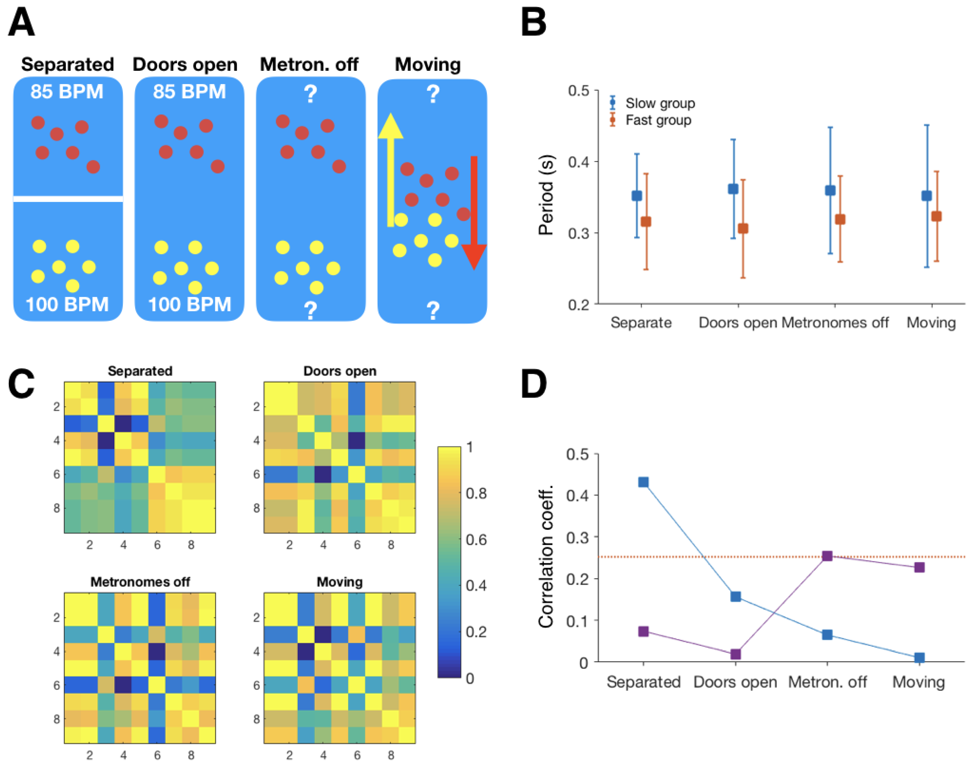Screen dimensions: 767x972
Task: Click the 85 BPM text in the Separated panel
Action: (67, 92)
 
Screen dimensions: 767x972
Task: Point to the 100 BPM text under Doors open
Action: (189, 305)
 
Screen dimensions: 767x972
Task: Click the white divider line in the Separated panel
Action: (68, 199)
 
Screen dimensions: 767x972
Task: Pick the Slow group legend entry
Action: (659, 103)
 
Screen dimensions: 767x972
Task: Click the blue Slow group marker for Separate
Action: (636, 196)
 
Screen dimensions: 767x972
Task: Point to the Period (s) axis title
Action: (546, 195)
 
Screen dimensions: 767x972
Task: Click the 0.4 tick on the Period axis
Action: (578, 162)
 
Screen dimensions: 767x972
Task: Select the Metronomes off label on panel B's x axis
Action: (835, 322)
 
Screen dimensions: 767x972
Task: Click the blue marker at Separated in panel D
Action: (643, 482)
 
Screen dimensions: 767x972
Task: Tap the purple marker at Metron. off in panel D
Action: (827, 556)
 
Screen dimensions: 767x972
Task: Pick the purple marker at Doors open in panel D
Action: (735, 654)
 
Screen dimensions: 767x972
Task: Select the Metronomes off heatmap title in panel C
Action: (140, 582)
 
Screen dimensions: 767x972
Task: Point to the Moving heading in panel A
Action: (428, 65)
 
